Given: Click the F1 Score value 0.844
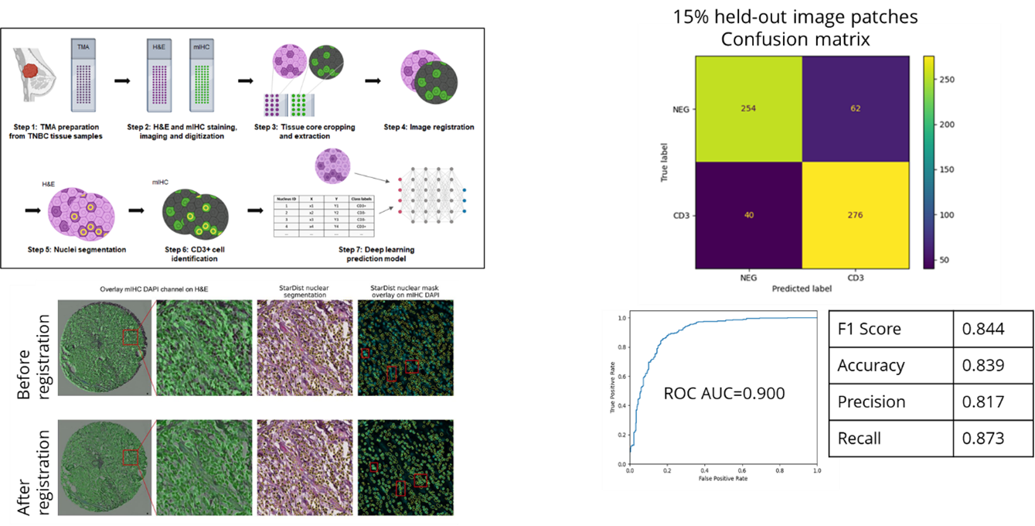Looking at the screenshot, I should pyautogui.click(x=982, y=329).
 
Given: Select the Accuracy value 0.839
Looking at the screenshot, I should pyautogui.click(x=982, y=365).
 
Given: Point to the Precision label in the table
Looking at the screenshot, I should pyautogui.click(x=871, y=401).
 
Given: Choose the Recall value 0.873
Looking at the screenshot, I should pyautogui.click(x=982, y=438).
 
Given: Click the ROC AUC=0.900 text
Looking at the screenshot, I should pyautogui.click(x=723, y=393).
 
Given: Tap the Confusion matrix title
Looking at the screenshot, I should pyautogui.click(x=795, y=39).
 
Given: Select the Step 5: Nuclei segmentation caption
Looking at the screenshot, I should pyautogui.click(x=70, y=249).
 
